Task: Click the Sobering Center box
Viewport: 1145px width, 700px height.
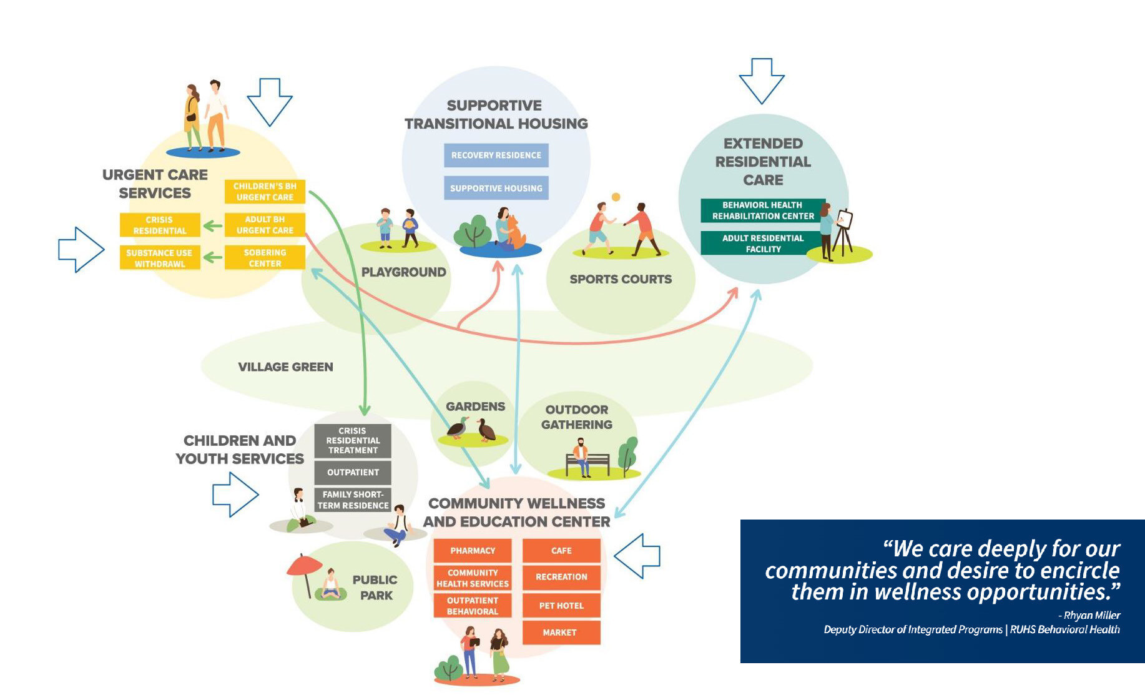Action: [x=265, y=257]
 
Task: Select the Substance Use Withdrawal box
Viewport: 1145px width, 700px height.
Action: [x=160, y=257]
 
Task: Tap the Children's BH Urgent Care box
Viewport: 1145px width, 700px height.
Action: [x=265, y=191]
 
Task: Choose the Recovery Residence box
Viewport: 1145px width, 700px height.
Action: [x=496, y=155]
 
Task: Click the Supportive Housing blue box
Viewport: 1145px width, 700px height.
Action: [x=496, y=188]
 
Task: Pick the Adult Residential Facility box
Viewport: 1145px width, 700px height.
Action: [x=762, y=243]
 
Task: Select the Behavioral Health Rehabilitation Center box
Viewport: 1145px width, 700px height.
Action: [x=762, y=210]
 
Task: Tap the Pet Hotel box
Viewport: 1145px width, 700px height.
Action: [x=561, y=605]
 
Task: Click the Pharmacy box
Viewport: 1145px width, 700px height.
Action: [x=473, y=550]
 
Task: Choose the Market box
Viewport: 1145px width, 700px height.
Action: [x=561, y=632]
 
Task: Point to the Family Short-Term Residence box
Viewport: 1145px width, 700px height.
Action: [x=353, y=500]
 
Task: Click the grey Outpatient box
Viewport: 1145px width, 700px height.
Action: [x=353, y=472]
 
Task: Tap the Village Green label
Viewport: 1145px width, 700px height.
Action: [x=285, y=367]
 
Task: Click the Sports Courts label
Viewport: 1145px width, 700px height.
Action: [x=620, y=279]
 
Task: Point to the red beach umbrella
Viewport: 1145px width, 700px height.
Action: [x=304, y=566]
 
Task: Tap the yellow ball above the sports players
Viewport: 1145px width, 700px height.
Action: [x=616, y=197]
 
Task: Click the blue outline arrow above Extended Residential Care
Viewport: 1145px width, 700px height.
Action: [x=762, y=80]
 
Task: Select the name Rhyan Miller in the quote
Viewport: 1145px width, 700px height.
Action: [x=1092, y=615]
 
